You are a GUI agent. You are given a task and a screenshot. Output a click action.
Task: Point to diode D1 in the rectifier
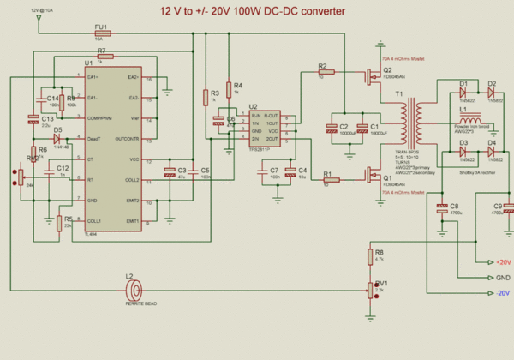[463, 91]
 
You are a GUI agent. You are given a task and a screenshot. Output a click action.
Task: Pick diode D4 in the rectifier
[492, 151]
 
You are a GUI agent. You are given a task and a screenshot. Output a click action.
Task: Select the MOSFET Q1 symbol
[374, 176]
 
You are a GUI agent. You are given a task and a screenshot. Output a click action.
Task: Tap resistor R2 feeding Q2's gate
[322, 72]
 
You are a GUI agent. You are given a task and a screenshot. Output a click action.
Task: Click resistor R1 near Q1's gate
[331, 181]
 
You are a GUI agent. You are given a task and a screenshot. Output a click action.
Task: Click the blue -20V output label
[502, 293]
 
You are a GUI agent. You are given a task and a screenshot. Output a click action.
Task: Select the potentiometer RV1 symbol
[368, 291]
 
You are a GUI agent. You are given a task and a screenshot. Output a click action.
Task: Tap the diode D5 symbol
[57, 138]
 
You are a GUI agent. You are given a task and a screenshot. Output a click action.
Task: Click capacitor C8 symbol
[443, 207]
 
